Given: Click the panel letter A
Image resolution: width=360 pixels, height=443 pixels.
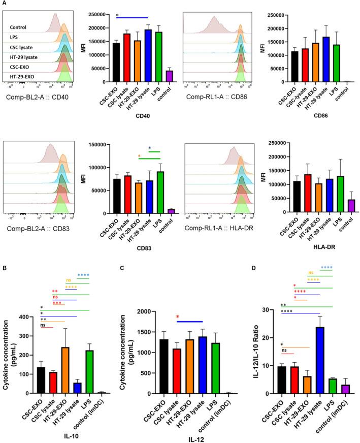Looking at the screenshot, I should coord(4,4).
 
